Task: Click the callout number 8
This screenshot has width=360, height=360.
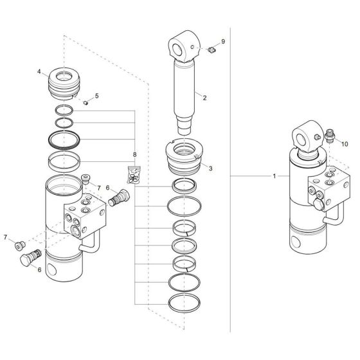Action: click(134, 155)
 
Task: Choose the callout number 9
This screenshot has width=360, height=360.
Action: click(223, 41)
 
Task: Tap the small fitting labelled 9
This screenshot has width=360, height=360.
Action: click(210, 49)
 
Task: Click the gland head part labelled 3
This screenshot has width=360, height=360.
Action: click(184, 159)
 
